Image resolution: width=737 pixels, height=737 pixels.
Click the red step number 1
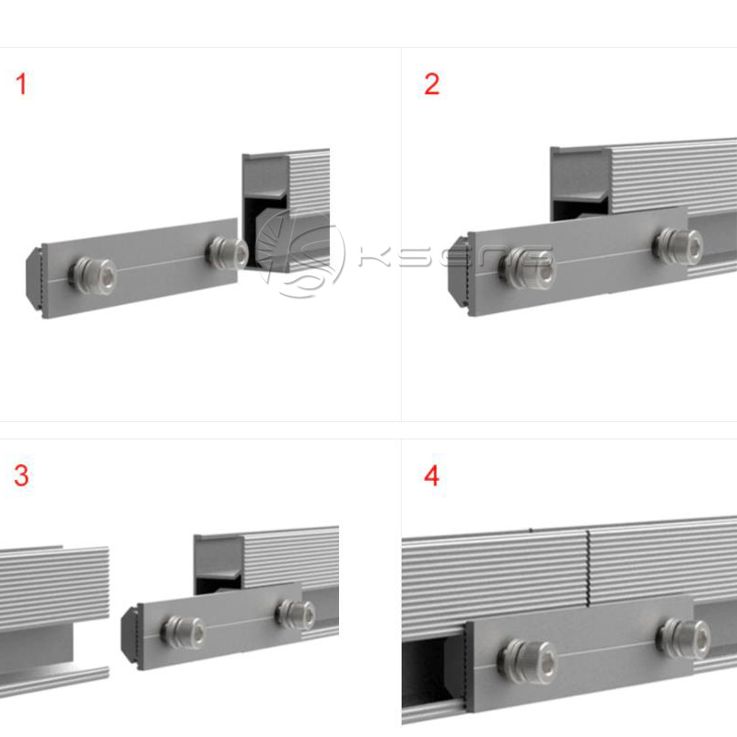tap(21, 85)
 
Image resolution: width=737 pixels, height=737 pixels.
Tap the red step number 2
tap(431, 85)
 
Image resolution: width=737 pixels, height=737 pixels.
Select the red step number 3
tap(21, 476)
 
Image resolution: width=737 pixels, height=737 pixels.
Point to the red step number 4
tap(431, 476)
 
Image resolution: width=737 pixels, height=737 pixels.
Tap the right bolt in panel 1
tap(227, 252)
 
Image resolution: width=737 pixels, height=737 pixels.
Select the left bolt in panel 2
tap(527, 266)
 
